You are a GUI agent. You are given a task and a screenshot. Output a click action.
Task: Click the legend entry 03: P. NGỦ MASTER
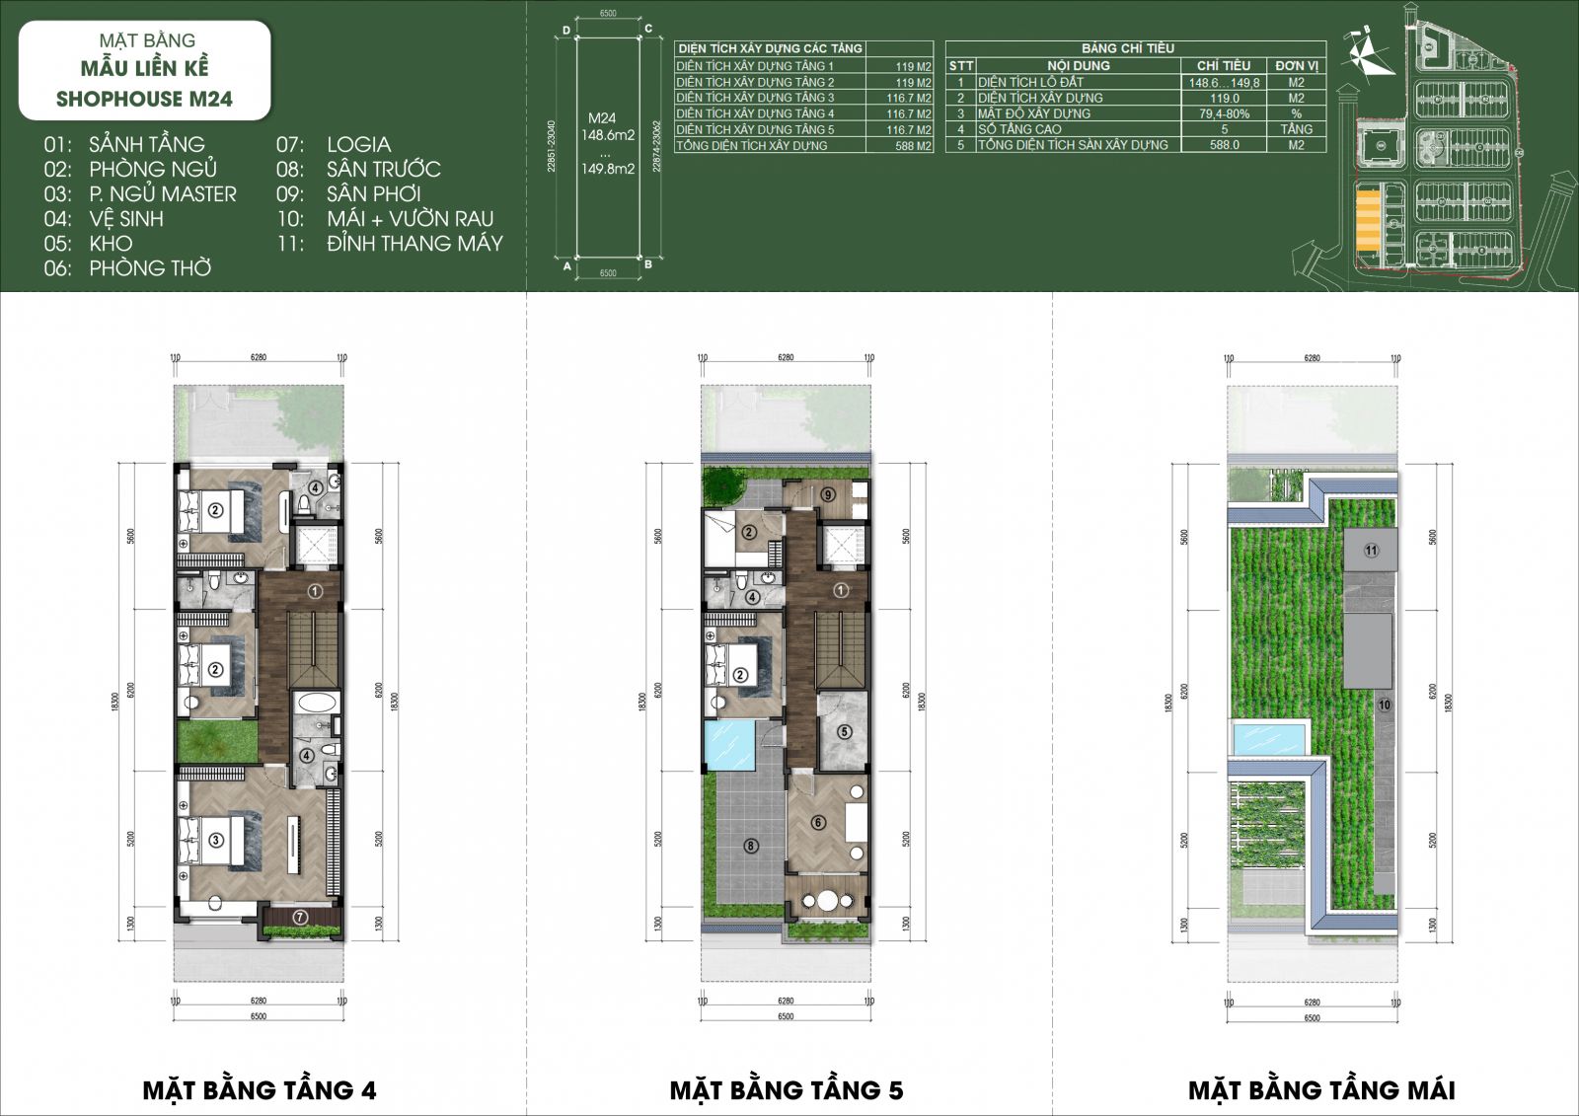pos(140,194)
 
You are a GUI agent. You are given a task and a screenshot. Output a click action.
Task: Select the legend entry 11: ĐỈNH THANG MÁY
pos(390,244)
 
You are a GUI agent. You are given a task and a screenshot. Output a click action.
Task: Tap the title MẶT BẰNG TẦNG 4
pos(259,1089)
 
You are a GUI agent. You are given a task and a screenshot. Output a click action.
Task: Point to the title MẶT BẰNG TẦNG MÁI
pos(1321,1089)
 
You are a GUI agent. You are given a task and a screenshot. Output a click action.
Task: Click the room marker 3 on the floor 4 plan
pos(216,840)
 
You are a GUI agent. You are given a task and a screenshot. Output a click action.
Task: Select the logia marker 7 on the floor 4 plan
pos(301,918)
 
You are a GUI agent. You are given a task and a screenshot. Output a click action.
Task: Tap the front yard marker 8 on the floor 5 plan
pos(751,846)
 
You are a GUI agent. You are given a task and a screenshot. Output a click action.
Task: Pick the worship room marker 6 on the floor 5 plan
pos(817,823)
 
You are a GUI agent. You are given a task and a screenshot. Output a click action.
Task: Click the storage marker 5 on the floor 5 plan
pos(844,732)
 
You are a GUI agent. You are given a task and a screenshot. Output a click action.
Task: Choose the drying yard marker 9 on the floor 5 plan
pos(828,495)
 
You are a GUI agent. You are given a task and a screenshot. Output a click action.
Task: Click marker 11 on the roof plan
pos(1371,551)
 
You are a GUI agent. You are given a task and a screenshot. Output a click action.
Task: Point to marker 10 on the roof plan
pos(1384,705)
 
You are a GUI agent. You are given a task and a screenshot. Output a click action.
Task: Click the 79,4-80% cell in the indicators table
pos(1224,113)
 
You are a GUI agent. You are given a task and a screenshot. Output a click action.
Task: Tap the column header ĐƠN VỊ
pos(1296,65)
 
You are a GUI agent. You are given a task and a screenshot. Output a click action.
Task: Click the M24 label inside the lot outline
pos(602,118)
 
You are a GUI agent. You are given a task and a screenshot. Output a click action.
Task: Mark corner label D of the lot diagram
pos(566,31)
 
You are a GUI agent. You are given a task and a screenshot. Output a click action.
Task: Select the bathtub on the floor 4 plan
pos(317,705)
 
